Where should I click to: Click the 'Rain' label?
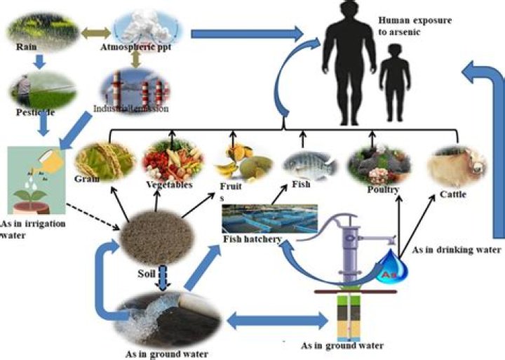26,49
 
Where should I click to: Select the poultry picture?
379,164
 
